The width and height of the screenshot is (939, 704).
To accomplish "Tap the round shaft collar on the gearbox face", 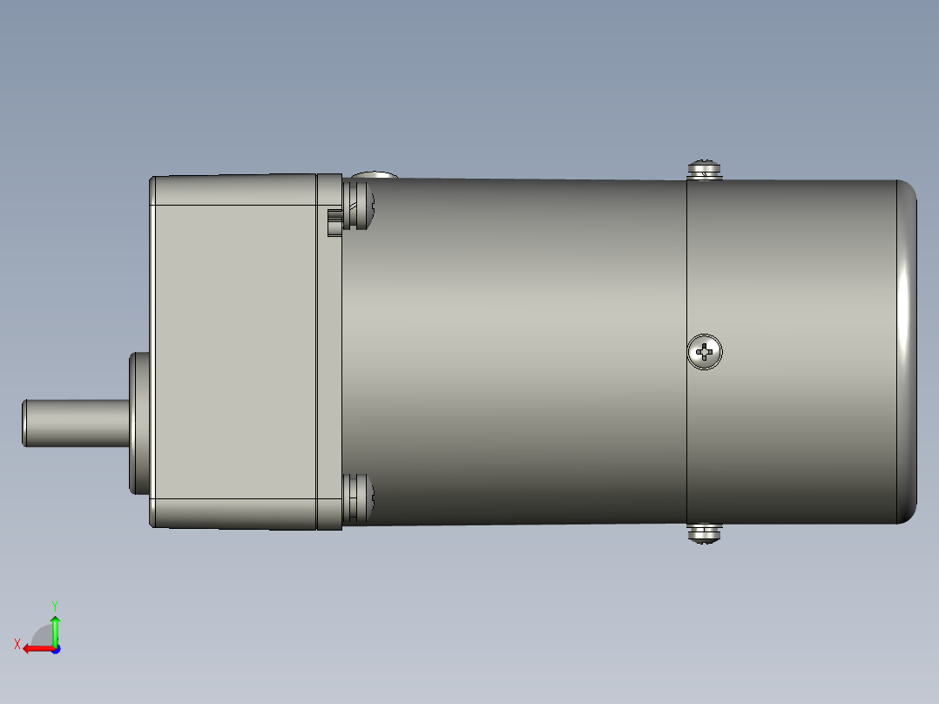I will pyautogui.click(x=139, y=423).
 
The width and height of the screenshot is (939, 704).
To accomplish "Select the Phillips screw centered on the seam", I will pyautogui.click(x=704, y=352).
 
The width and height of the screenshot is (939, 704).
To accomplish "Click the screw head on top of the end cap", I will pyautogui.click(x=705, y=169).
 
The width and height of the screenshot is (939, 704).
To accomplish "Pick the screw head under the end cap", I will pyautogui.click(x=705, y=533).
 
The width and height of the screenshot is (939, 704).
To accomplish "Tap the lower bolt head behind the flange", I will pyautogui.click(x=359, y=498).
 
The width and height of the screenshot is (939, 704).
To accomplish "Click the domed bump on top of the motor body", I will pyautogui.click(x=375, y=176).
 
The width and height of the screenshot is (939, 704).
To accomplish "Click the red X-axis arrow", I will pyautogui.click(x=37, y=648).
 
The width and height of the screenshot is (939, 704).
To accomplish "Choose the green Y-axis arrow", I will pyautogui.click(x=55, y=629).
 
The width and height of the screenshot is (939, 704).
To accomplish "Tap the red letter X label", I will pyautogui.click(x=17, y=644).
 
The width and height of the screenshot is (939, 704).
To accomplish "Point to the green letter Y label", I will pyautogui.click(x=55, y=604).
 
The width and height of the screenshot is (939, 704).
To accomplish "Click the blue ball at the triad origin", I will pyautogui.click(x=55, y=648).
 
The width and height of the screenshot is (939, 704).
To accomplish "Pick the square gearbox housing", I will pyautogui.click(x=233, y=352).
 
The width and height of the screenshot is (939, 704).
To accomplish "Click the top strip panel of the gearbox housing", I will pyautogui.click(x=233, y=190).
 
